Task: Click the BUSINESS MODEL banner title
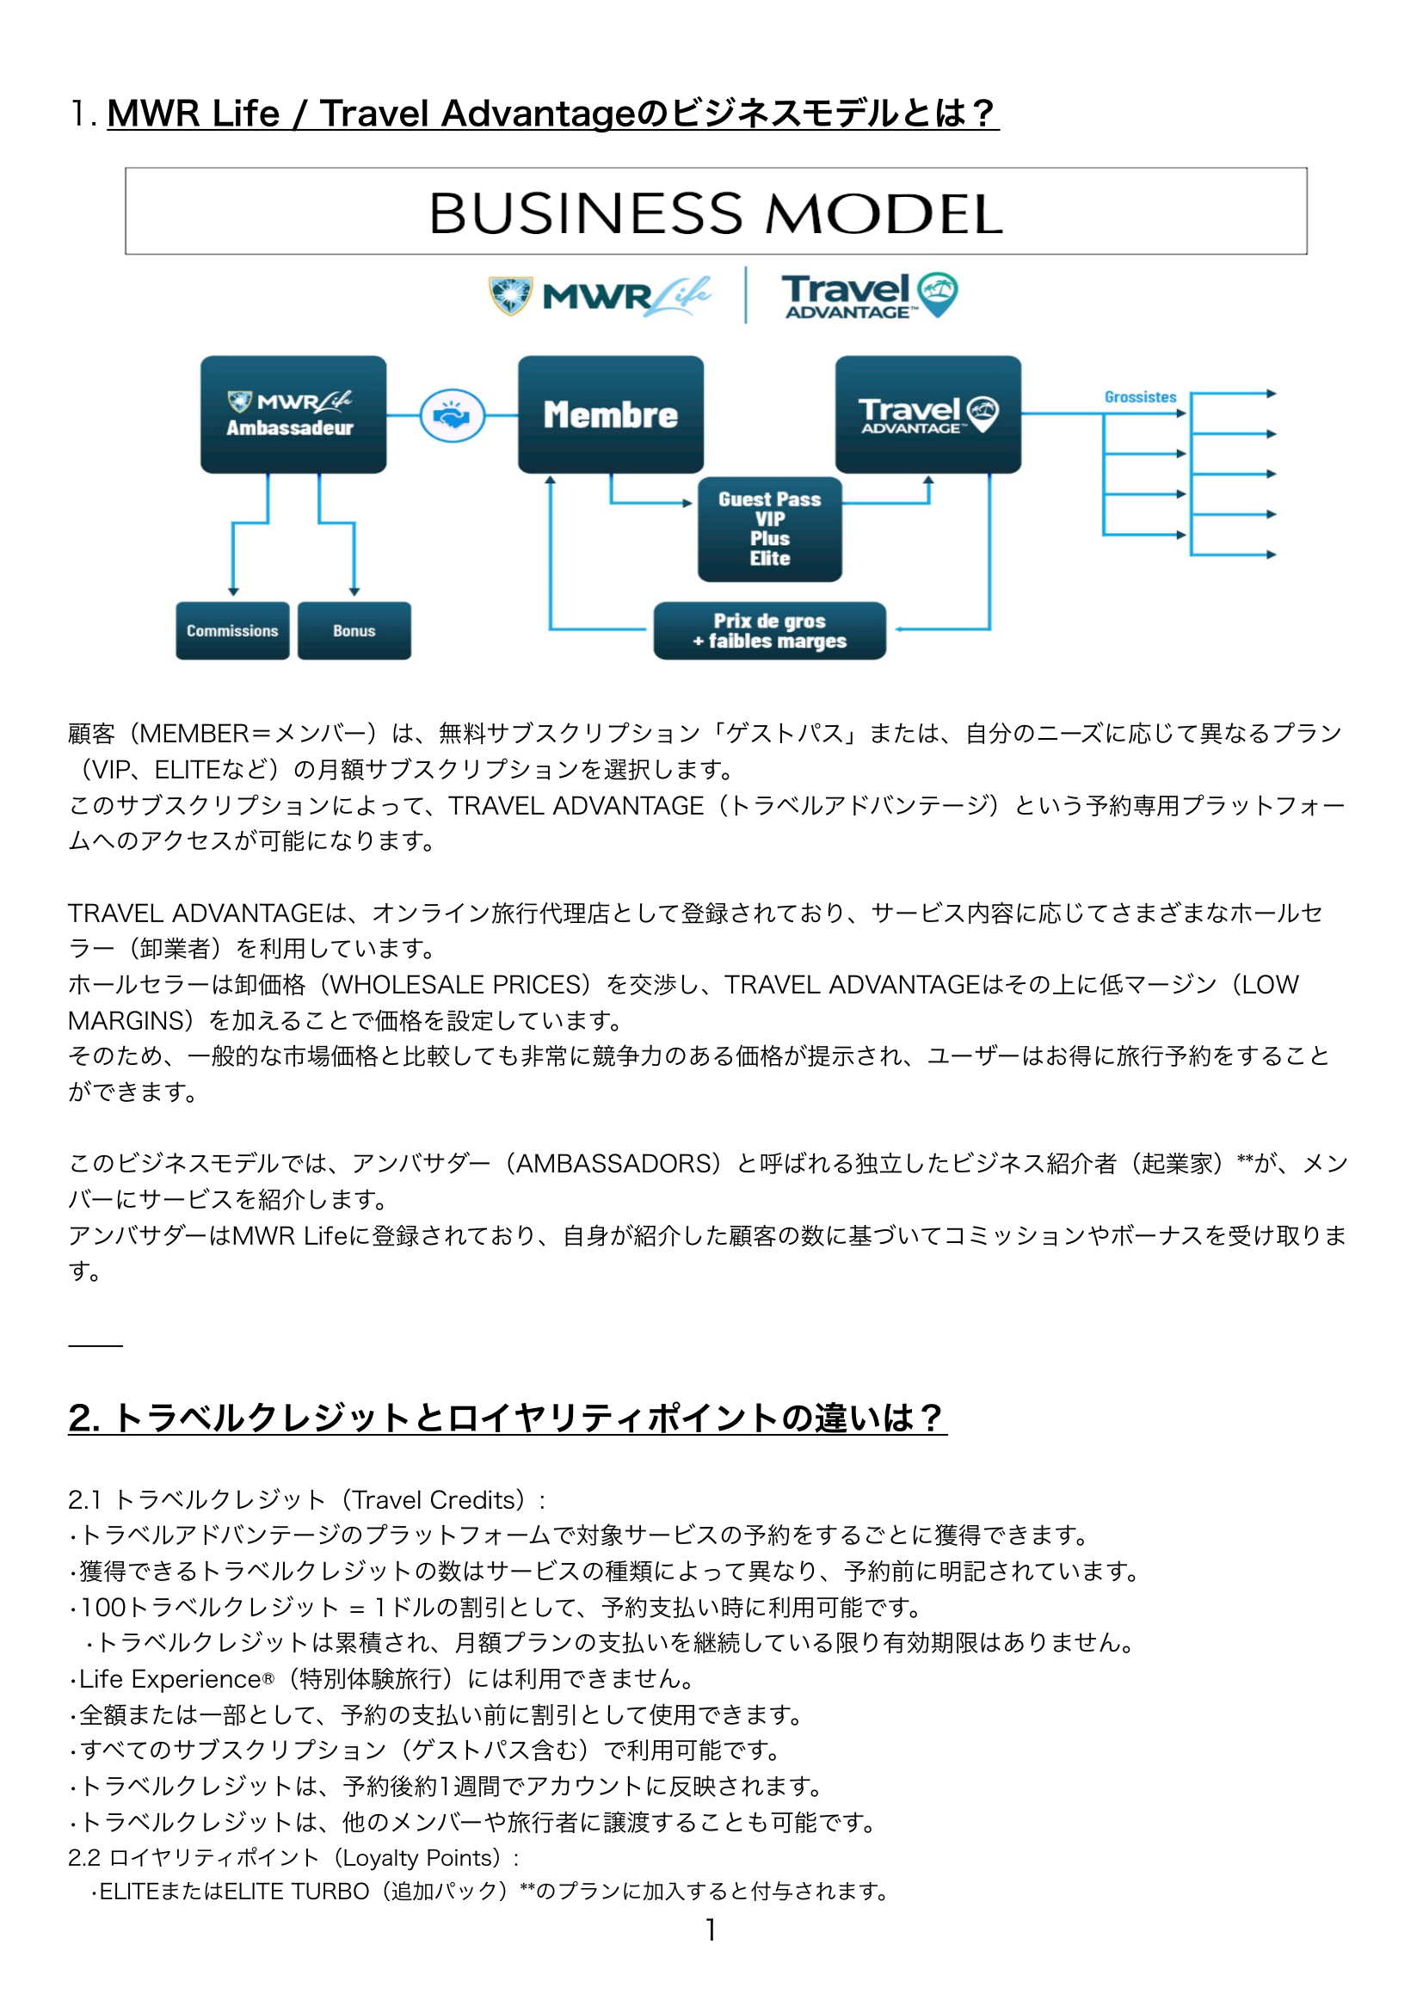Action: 715,213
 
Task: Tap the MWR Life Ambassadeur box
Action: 293,414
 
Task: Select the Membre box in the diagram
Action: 610,414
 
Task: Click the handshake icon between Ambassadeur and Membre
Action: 453,415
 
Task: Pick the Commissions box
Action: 232,630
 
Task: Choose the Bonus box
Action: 354,630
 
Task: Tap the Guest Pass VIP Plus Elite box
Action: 769,528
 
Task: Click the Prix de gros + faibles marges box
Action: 769,630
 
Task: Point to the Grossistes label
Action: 1140,397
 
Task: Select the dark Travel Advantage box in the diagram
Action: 927,414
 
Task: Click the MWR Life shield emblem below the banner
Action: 510,295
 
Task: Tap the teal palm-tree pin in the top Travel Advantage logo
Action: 937,292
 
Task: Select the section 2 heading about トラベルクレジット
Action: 508,1417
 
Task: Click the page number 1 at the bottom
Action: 711,1929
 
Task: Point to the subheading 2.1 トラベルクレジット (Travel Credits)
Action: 306,1499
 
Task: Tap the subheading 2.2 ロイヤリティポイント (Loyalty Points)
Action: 293,1858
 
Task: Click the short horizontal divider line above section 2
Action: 95,1345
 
